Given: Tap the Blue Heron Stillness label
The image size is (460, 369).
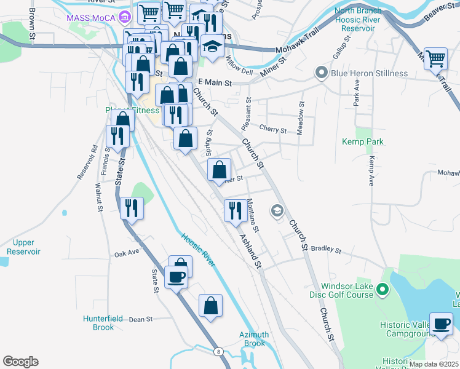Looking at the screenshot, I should (369, 73).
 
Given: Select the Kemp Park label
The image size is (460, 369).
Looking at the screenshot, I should (363, 141).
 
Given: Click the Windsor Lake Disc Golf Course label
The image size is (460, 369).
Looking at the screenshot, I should (347, 290).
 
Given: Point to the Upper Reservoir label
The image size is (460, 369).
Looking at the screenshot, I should (23, 247).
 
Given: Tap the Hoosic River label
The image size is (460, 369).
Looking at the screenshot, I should (197, 249).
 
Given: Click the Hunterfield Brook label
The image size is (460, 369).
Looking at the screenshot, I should (98, 323).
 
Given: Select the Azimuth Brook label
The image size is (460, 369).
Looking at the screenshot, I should (254, 339).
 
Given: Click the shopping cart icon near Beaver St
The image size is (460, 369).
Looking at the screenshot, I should (435, 59).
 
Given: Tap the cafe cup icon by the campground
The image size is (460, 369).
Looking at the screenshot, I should (441, 323).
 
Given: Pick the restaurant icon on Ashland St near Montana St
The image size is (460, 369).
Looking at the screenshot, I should (234, 211).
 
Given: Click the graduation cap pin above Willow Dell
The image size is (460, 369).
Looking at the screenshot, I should (212, 46).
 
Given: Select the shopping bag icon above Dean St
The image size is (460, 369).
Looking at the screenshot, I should (210, 305).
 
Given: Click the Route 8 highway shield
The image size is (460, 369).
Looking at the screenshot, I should (218, 351).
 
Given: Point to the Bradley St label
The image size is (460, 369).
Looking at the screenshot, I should (326, 249).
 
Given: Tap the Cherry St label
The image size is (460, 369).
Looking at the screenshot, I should (273, 130).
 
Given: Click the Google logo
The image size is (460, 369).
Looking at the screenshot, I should (20, 362).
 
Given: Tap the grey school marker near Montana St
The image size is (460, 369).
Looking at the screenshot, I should (277, 211).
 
